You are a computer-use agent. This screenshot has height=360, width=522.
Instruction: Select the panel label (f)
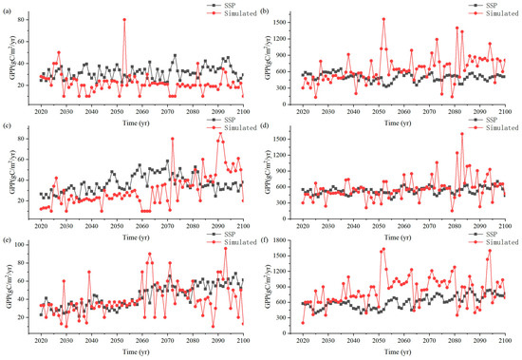coord(270,239)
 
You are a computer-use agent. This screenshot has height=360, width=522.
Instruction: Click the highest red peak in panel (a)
coord(124,19)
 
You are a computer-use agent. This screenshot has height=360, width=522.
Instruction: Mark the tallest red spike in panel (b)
coord(383,19)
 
